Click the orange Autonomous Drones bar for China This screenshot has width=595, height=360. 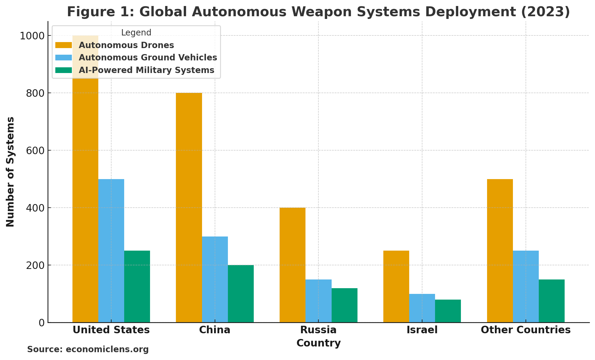point(189,207)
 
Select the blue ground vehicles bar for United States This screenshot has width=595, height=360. point(111,251)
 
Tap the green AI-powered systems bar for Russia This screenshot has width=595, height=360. point(344,305)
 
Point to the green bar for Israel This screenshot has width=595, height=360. point(448,311)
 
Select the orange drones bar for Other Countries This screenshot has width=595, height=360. point(500,251)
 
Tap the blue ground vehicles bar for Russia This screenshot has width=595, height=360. point(318,301)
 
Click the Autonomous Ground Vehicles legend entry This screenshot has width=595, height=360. point(148,57)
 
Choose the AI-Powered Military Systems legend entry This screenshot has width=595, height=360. point(146,70)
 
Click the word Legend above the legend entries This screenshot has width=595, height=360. point(136,32)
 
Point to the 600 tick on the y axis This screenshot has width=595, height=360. point(36,150)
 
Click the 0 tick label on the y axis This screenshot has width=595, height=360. point(41,323)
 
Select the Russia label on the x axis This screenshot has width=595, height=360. point(318,330)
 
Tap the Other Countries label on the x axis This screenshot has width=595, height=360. point(526,330)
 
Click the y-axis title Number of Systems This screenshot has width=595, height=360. point(10,172)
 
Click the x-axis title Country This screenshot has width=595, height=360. point(318,343)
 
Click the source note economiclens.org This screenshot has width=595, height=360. point(88,349)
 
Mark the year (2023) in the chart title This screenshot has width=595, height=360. point(545,12)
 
